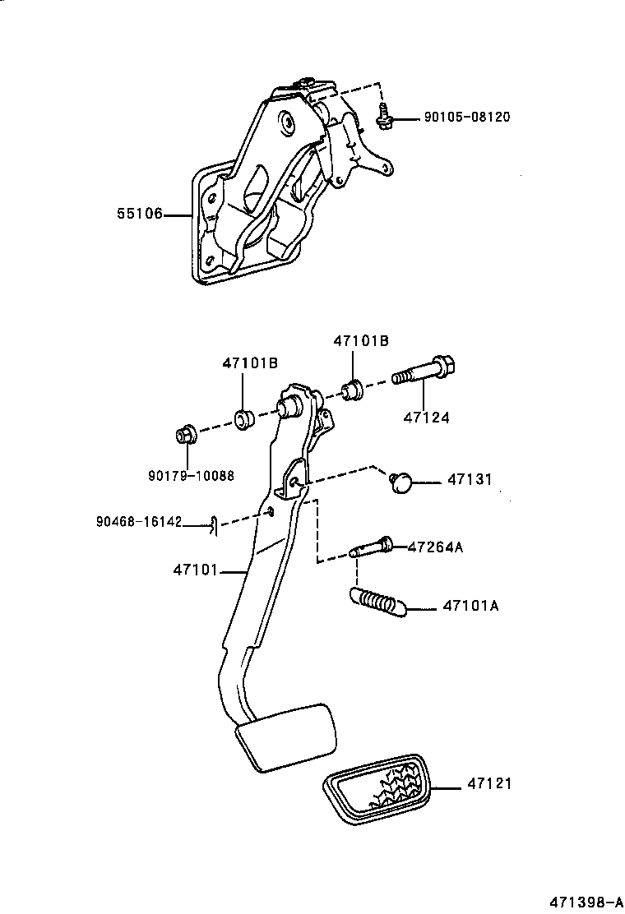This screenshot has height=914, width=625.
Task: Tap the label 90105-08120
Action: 466,118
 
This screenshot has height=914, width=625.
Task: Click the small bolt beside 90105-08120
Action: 383,118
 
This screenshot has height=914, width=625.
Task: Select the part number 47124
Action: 426,418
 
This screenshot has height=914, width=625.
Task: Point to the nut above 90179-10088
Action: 185,434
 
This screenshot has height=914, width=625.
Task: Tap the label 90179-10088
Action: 191,475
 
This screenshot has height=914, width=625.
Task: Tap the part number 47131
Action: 469,479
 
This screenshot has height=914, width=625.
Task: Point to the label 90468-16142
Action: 139,521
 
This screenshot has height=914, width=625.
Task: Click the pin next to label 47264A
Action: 372,548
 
